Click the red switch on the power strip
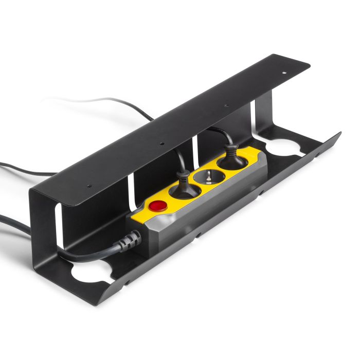(x=157, y=207)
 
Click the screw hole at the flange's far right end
(x=283, y=73)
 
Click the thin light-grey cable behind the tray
(x=103, y=100)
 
